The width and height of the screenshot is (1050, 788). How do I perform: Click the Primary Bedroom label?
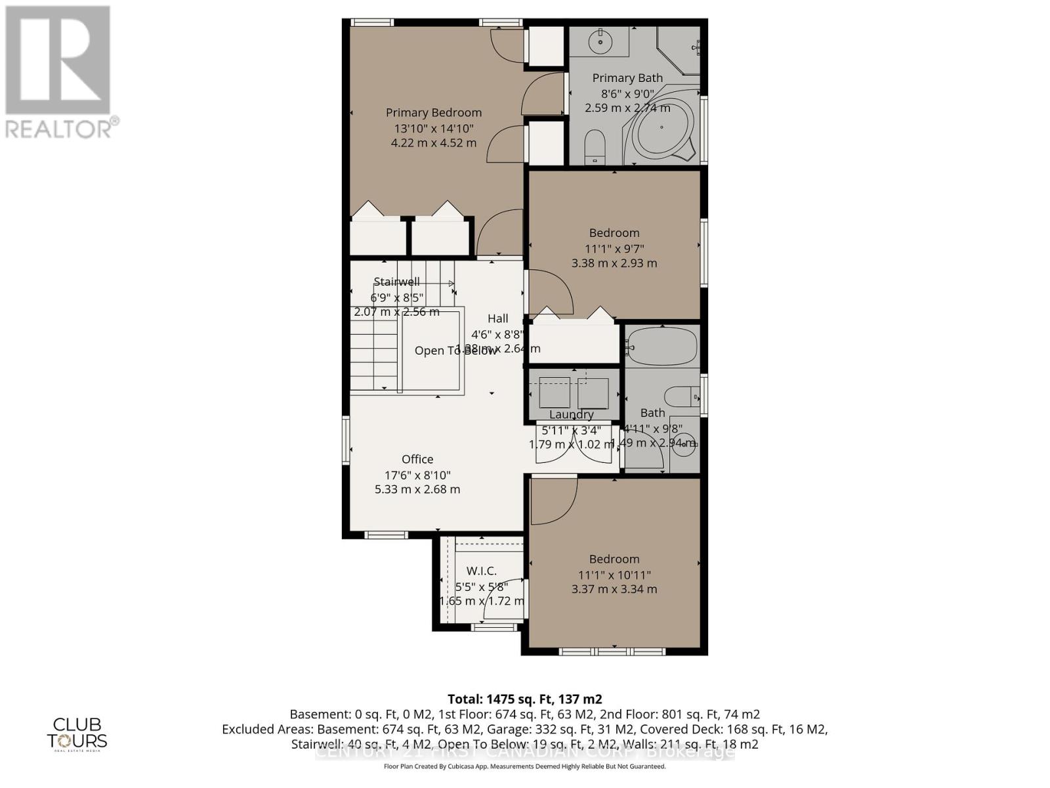(x=433, y=112)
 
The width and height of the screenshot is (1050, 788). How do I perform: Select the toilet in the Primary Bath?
(x=595, y=146)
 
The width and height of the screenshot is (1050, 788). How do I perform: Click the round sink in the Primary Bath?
(x=599, y=43)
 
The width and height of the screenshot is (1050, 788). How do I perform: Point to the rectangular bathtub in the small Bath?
(x=661, y=346)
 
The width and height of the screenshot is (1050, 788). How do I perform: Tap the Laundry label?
(x=571, y=414)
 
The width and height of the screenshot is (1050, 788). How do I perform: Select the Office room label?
(x=417, y=459)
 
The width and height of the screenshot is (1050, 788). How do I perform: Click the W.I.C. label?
(x=481, y=571)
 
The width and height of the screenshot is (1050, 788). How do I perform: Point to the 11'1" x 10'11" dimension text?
(x=614, y=575)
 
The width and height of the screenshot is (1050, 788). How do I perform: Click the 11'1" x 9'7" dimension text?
(x=614, y=248)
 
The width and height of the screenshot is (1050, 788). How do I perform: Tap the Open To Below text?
(x=455, y=351)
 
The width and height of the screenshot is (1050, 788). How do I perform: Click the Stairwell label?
(x=396, y=282)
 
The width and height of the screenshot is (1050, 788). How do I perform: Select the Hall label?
(x=497, y=318)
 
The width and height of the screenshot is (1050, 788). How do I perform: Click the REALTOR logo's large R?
(x=58, y=60)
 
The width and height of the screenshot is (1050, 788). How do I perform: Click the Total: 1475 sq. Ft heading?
(x=524, y=699)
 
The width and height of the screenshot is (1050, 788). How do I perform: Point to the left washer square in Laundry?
(x=554, y=393)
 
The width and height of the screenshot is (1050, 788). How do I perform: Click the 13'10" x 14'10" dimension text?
(x=433, y=129)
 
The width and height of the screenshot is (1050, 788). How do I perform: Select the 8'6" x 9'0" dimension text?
(x=627, y=94)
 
